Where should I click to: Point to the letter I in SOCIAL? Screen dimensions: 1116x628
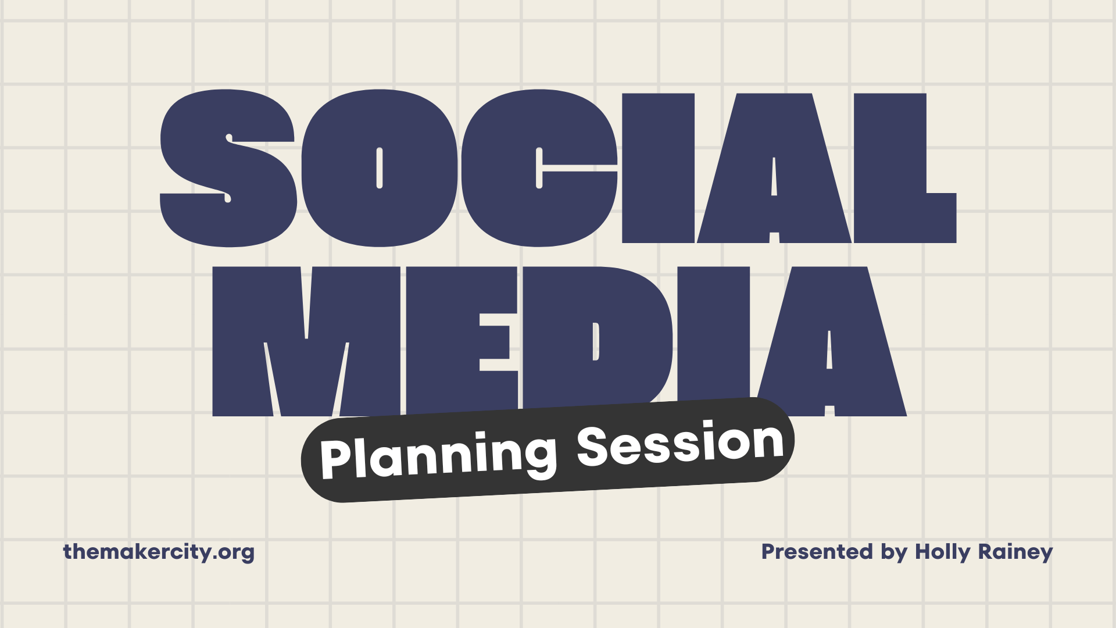tap(659, 168)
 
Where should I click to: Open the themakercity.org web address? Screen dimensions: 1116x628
tap(159, 552)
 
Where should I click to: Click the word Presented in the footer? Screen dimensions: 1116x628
tap(817, 551)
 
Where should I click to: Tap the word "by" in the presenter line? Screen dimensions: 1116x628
tap(894, 552)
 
